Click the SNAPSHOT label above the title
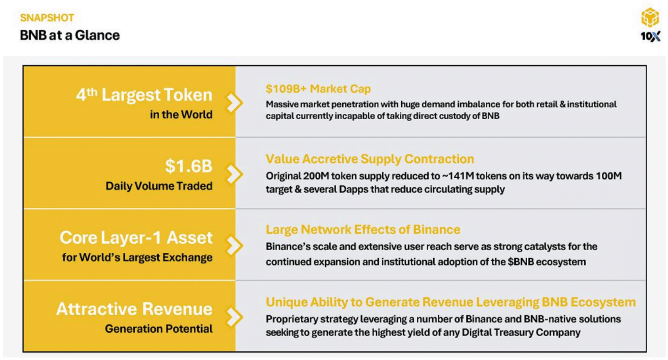tap(47, 18)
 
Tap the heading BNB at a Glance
tap(70, 35)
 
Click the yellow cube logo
tap(650, 17)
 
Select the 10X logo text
tap(650, 36)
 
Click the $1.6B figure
tap(188, 166)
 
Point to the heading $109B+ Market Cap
tap(318, 89)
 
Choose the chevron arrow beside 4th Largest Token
tap(234, 103)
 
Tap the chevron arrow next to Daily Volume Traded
tap(234, 174)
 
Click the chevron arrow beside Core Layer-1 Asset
tap(234, 246)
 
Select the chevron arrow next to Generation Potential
tap(234, 317)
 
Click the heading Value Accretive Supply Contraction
tap(370, 159)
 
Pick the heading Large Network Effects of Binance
tap(363, 229)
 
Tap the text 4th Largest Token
tap(144, 95)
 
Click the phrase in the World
tap(181, 114)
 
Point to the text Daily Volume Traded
tap(159, 186)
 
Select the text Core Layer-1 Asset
tap(136, 237)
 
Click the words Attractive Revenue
tap(134, 309)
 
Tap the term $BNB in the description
tap(521, 262)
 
